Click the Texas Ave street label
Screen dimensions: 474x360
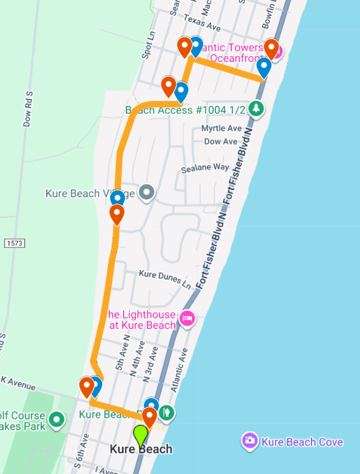pos(202,27)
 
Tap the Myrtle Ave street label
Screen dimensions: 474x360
pos(222,128)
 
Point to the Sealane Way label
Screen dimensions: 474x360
pos(205,168)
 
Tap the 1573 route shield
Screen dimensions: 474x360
pos(14,243)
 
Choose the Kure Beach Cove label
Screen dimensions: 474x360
pos(302,442)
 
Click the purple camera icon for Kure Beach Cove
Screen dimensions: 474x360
pos(249,440)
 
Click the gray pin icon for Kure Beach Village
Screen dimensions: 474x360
pos(146,193)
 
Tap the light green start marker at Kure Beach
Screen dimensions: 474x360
pos(140,435)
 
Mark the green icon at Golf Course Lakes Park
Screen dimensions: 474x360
pos(57,420)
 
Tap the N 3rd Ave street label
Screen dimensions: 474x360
pos(150,363)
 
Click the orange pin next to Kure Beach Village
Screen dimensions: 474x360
pos(116,215)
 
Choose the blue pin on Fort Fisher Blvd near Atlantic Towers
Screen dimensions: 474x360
pos(264,68)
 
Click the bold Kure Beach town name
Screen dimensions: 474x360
pos(141,449)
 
